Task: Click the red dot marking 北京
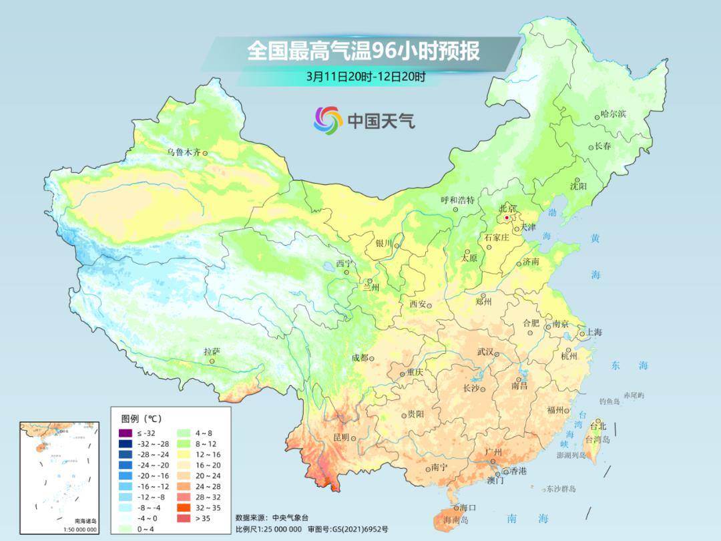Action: (x=507, y=218)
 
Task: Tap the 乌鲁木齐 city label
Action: (x=183, y=152)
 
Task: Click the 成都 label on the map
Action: (x=359, y=358)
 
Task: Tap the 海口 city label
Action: (x=468, y=508)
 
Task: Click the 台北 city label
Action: (x=598, y=426)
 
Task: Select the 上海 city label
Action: (x=594, y=333)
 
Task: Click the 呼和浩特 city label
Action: (x=457, y=200)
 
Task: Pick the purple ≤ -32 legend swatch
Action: (x=125, y=433)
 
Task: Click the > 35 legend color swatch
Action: (x=184, y=518)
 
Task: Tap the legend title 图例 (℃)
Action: (x=141, y=419)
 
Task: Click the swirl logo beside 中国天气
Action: (x=328, y=120)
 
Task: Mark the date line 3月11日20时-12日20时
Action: (x=366, y=76)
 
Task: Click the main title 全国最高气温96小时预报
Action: (x=363, y=51)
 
